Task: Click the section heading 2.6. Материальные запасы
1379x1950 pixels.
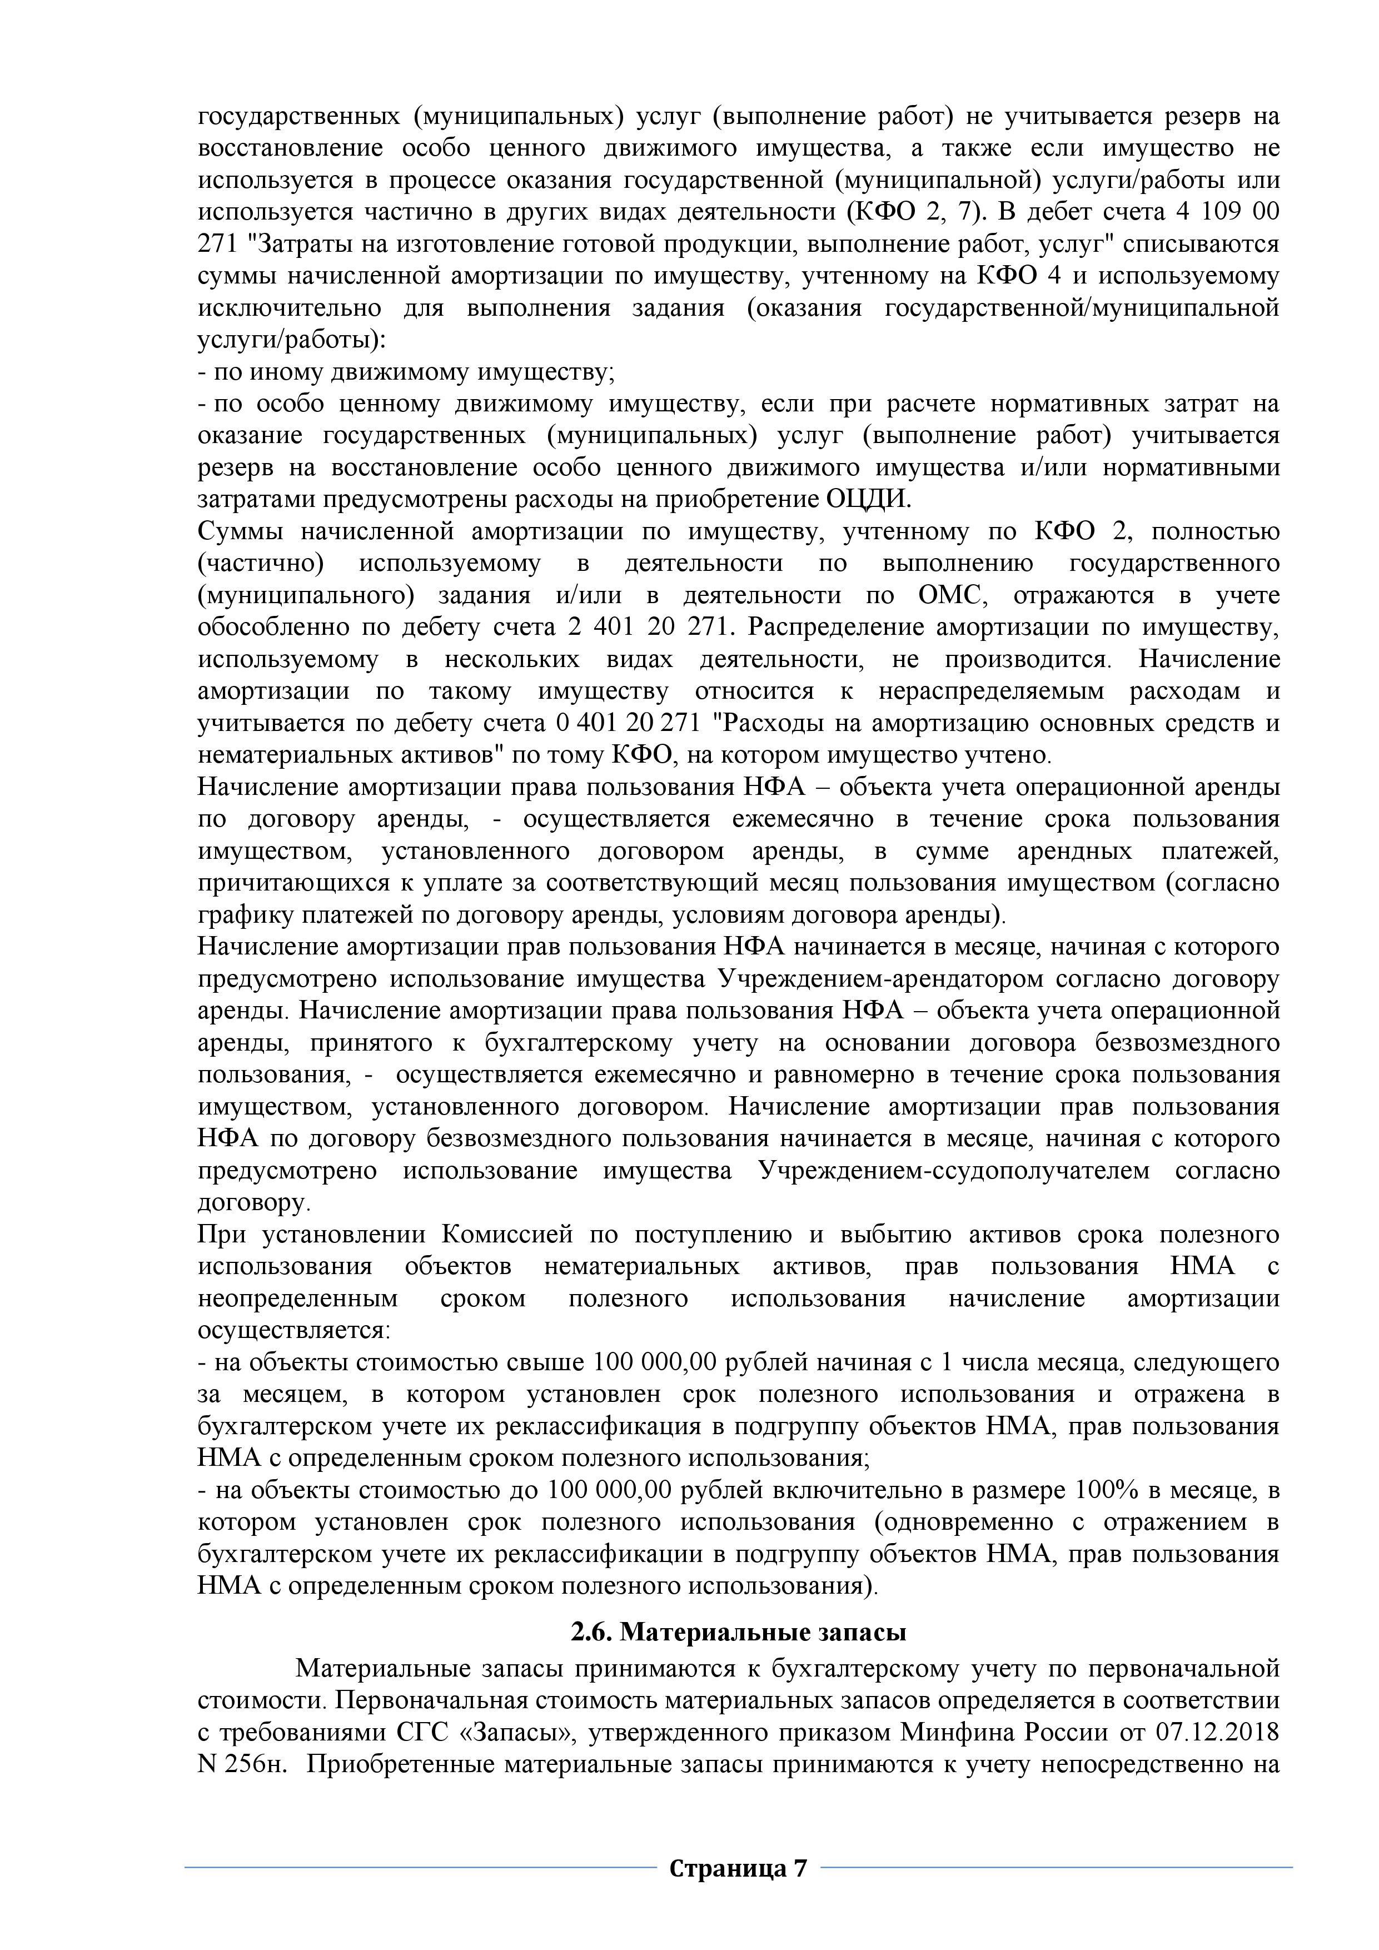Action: (x=739, y=1655)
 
